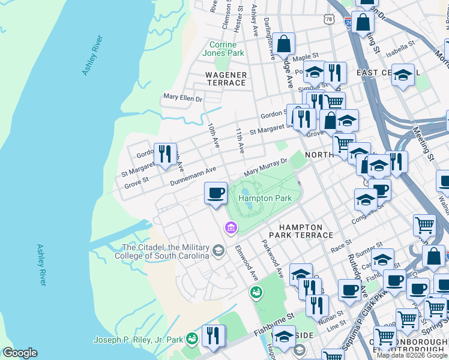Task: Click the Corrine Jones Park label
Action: [226, 49]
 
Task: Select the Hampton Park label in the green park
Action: [265, 198]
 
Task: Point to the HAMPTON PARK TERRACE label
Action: [297, 231]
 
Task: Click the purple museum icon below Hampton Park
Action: [231, 227]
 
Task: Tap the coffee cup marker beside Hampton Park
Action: [215, 194]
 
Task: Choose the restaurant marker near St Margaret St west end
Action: [165, 154]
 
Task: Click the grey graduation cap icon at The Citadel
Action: [218, 250]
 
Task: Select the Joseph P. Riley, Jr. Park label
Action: [137, 340]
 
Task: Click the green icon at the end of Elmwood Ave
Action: [256, 292]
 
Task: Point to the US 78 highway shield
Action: [328, 19]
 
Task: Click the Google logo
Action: [20, 353]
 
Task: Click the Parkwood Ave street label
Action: [271, 259]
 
